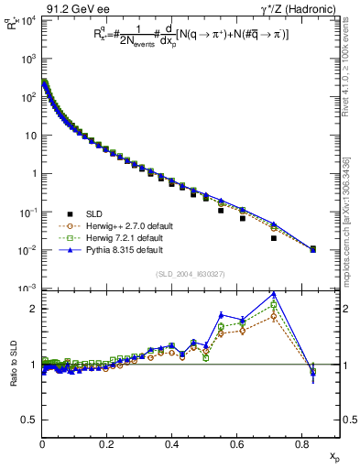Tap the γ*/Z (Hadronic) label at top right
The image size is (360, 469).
pyautogui.click(x=302, y=7)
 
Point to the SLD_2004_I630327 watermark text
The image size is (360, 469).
pyautogui.click(x=191, y=274)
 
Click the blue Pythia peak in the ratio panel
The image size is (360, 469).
pyautogui.click(x=274, y=294)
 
